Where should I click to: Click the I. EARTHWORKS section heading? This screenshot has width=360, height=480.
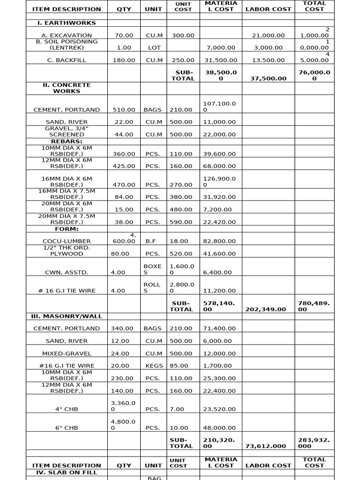coord(67,23)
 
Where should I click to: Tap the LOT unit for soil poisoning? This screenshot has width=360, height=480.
coord(154,48)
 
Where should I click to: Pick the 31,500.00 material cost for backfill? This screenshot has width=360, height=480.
coord(220,60)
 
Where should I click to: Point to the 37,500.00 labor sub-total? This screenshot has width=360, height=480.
coord(268,79)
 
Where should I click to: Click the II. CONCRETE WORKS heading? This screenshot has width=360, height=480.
coord(67,88)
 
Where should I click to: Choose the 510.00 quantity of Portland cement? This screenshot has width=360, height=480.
coord(124,110)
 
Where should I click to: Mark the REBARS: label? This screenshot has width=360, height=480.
coord(67,141)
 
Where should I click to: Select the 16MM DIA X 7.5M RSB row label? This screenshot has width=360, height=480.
coord(67,194)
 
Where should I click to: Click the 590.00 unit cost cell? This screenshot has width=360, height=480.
coord(181,222)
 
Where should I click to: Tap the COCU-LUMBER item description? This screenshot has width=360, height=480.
coord(67,241)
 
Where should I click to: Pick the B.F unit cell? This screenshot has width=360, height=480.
coord(151,241)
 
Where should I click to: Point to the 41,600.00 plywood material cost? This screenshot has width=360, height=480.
coord(220,254)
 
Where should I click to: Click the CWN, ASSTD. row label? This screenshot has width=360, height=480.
coord(67,272)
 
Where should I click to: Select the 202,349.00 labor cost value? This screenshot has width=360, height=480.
coord(268,309)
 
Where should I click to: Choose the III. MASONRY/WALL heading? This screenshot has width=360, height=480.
coord(67,316)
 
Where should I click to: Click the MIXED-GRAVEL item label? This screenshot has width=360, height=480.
coord(67,353)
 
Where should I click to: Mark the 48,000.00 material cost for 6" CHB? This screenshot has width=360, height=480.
coord(220,428)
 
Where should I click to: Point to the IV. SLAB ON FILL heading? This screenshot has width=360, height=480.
coord(67,472)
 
